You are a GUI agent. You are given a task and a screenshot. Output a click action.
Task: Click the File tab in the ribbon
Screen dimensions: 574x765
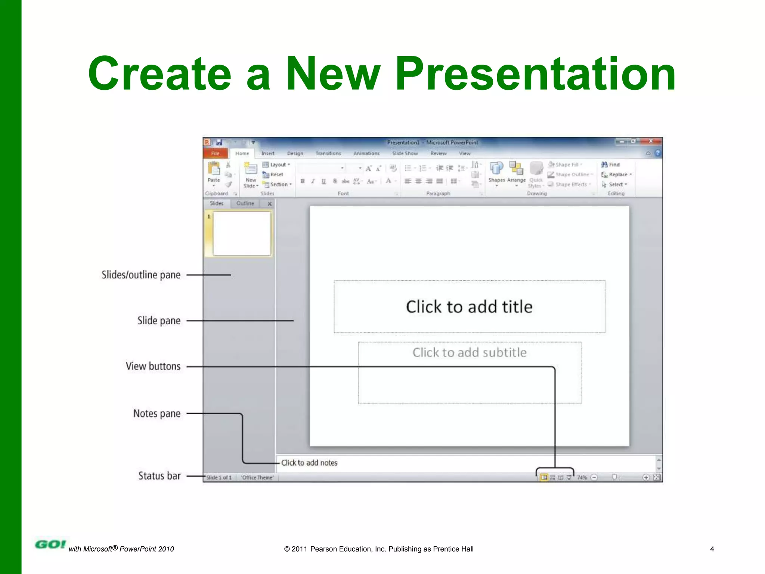(216, 153)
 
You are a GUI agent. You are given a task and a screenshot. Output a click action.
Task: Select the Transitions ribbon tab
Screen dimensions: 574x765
(328, 153)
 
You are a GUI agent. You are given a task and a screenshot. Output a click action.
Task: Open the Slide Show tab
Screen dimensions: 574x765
(405, 153)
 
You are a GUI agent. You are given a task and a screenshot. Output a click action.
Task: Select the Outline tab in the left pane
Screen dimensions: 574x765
(245, 203)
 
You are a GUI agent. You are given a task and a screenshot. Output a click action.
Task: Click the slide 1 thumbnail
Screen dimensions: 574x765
(242, 234)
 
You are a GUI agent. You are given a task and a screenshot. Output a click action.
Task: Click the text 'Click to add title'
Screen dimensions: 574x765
(469, 307)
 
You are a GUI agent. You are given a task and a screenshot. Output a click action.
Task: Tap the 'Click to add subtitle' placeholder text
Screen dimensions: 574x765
(470, 352)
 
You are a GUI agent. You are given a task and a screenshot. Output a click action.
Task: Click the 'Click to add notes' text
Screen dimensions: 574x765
(309, 463)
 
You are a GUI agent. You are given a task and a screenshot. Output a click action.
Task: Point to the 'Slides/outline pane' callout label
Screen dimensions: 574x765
(141, 275)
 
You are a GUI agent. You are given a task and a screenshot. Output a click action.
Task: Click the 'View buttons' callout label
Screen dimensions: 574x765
(153, 366)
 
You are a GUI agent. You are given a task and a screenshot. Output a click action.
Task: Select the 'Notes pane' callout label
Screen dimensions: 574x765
(157, 413)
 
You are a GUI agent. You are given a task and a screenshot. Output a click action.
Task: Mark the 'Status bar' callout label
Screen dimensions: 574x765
(159, 476)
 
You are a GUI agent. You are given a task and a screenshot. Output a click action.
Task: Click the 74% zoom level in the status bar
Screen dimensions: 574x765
(582, 478)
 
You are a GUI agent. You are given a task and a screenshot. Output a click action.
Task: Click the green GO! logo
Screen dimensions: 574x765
(50, 544)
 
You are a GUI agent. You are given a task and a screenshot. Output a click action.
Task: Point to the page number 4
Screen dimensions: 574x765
(712, 549)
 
